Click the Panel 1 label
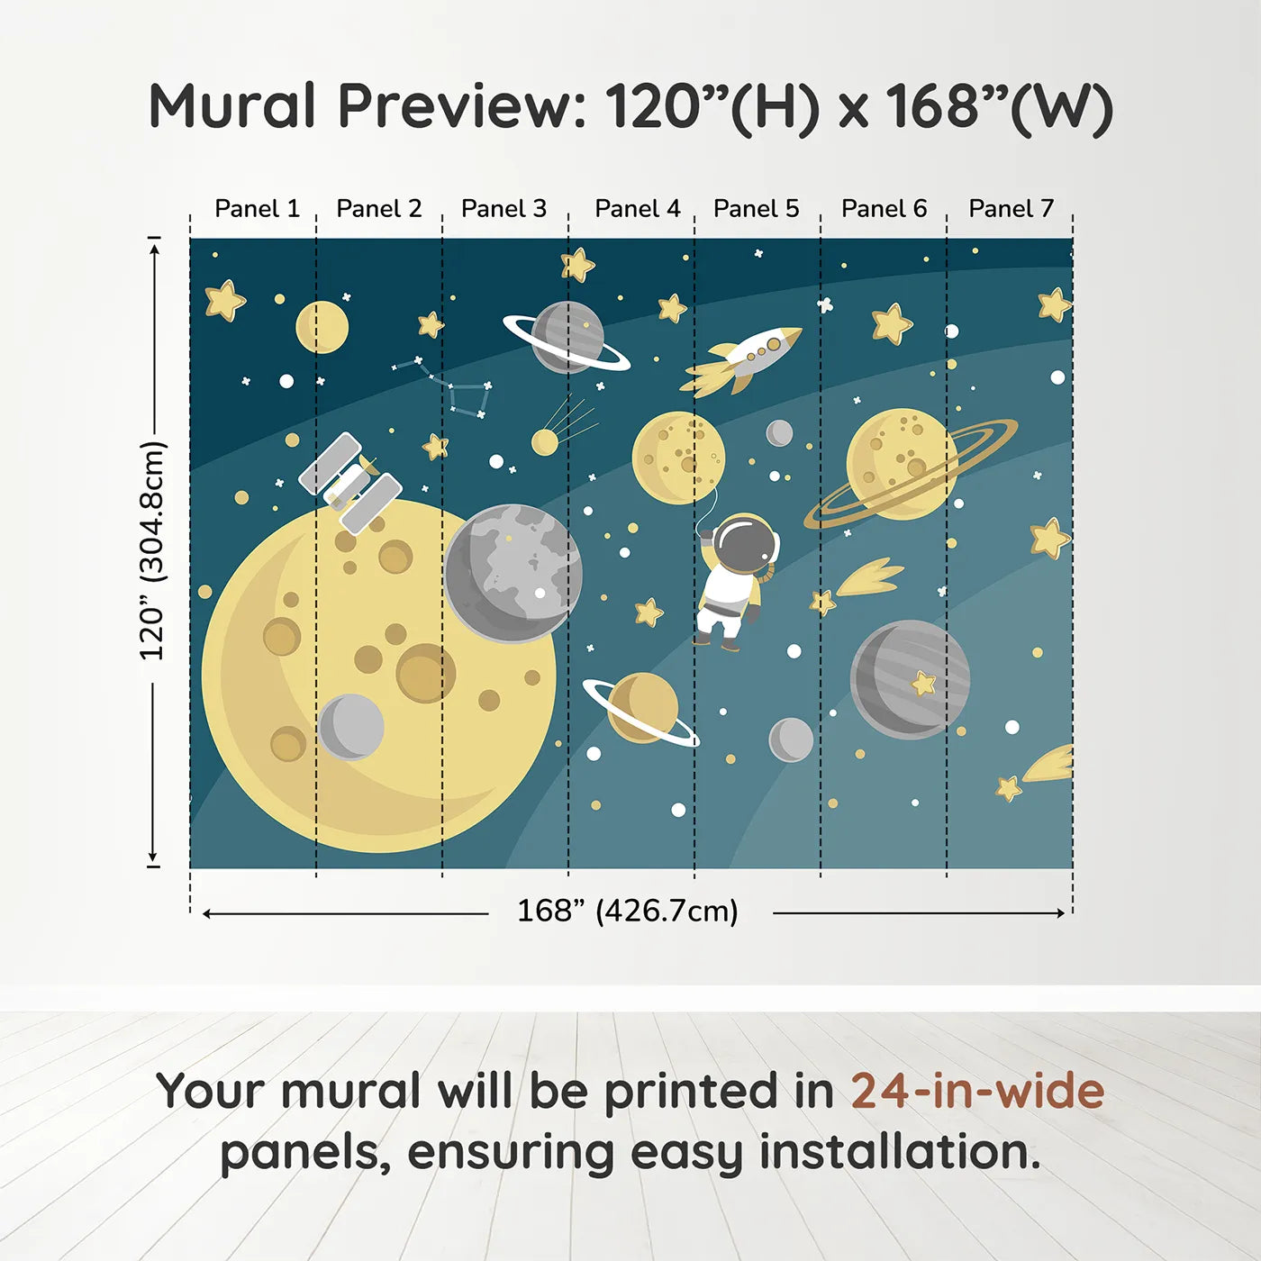257,209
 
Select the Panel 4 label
637,209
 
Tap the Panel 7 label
1011,209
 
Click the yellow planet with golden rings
903,464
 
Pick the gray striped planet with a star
910,679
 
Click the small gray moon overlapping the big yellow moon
351,727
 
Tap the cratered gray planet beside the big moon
513,573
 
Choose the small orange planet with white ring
641,708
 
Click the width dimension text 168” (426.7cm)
627,912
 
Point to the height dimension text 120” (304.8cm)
152,550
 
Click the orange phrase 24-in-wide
977,1092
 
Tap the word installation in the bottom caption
900,1153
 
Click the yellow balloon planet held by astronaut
678,458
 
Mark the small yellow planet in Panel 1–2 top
322,327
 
